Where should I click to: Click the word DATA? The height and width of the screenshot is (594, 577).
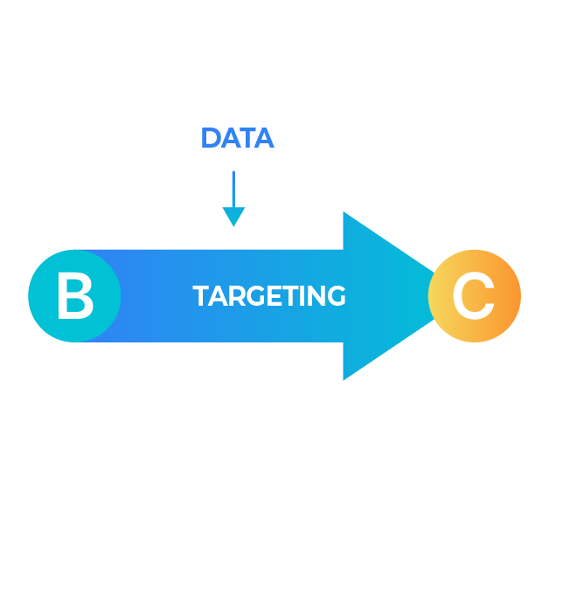[x=237, y=138]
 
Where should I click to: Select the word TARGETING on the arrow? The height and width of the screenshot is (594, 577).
[x=269, y=297]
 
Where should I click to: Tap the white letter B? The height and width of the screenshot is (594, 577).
[x=74, y=297]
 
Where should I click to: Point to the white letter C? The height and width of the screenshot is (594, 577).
[x=473, y=297]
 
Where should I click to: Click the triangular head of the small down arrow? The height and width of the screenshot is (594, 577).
[x=233, y=217]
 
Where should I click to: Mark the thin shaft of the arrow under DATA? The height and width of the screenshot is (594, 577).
[x=233, y=188]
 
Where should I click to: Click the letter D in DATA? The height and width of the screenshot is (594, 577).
[x=210, y=138]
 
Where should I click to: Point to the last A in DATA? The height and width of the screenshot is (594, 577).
[x=263, y=138]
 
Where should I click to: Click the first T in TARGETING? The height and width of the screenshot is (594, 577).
[x=199, y=297]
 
